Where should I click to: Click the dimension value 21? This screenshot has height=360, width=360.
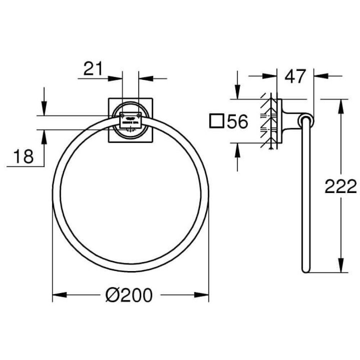(93, 69)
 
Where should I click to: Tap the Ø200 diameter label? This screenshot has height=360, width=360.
(129, 296)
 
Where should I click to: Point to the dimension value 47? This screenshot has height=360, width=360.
(295, 76)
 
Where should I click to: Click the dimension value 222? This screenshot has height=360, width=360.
(340, 187)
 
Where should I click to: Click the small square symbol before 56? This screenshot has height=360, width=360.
(217, 121)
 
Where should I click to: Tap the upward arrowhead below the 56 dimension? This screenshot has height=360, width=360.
(237, 149)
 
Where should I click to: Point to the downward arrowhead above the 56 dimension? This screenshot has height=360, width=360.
(237, 92)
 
